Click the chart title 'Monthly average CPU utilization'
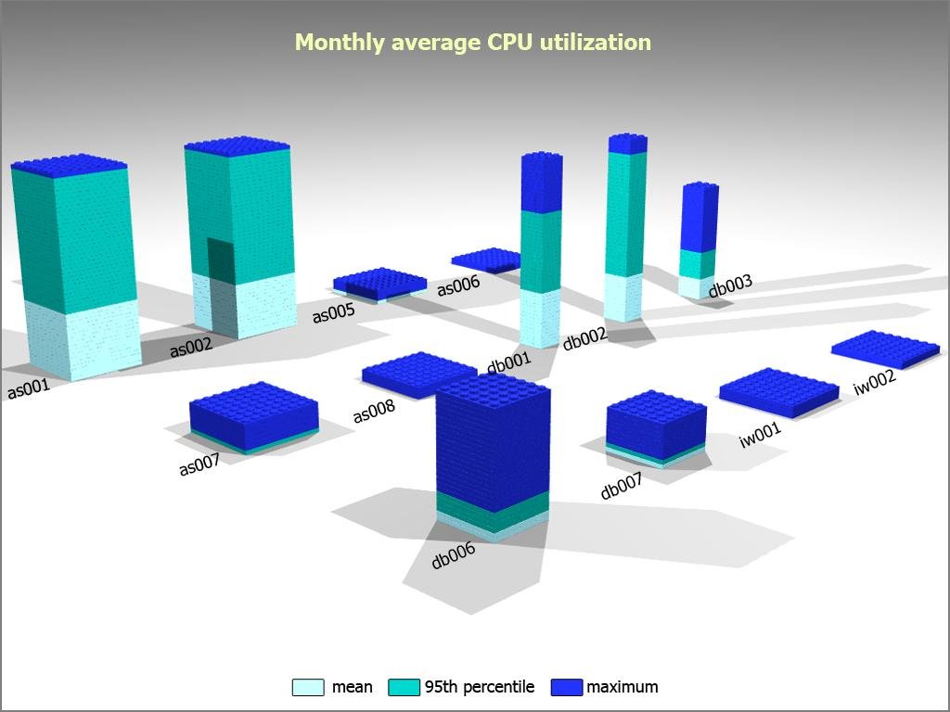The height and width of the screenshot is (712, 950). pos(473,43)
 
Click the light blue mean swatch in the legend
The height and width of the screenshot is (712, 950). pos(308,687)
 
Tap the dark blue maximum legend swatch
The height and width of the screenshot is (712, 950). pos(566,687)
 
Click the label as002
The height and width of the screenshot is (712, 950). pos(190,348)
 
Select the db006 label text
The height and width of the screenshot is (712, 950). pos(453,555)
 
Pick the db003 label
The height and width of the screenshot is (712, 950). pos(730,286)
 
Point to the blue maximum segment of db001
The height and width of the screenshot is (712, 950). pos(542,183)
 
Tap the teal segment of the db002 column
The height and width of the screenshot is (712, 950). pos(625,213)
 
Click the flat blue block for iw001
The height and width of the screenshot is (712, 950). pos(765,389)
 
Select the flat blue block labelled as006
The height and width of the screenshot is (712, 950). pos(486,260)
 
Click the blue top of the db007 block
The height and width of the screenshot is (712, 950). pos(655,419)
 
